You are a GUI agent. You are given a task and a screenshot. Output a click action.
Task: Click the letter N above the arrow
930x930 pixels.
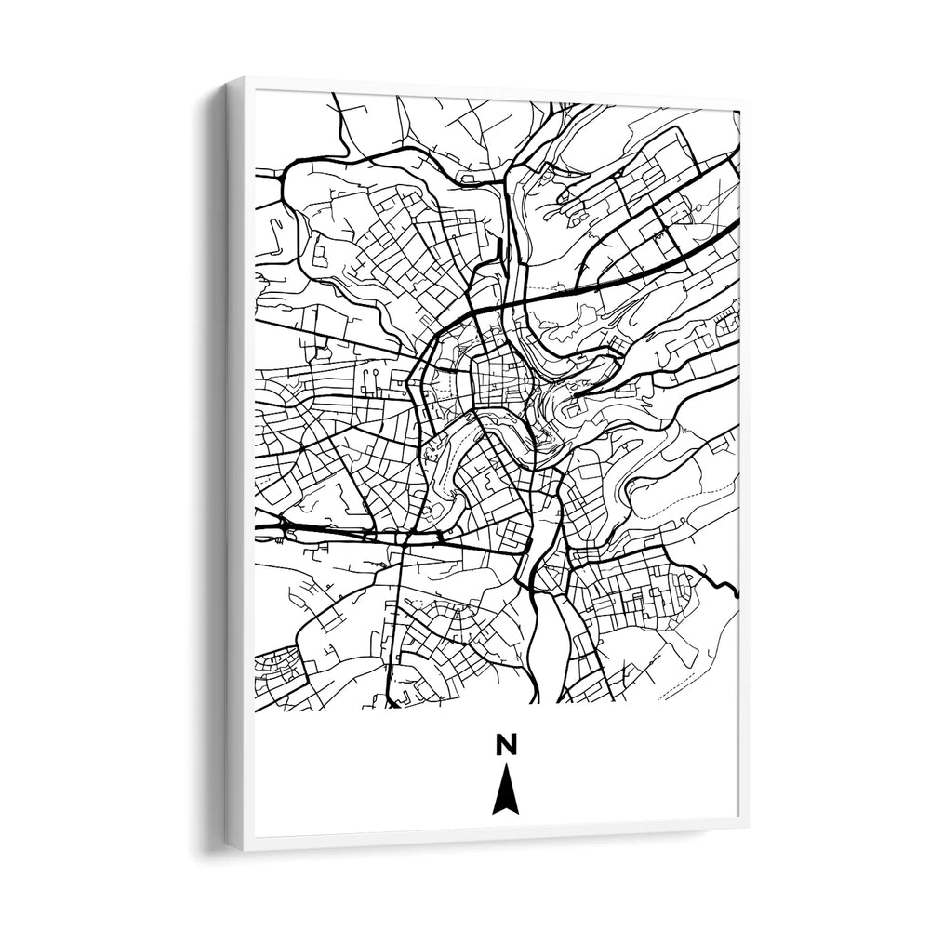(x=505, y=745)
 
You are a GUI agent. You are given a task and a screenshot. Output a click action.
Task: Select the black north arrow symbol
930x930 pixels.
(x=505, y=790)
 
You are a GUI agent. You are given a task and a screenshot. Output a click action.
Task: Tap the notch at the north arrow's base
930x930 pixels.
(x=505, y=808)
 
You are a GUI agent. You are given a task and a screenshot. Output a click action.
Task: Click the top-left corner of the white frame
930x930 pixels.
(x=228, y=80)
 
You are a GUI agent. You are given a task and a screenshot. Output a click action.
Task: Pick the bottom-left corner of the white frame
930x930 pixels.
(x=229, y=848)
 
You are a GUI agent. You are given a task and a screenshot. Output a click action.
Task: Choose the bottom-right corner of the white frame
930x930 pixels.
(x=747, y=825)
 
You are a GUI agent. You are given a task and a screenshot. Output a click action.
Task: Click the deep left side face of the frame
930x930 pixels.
(x=234, y=465)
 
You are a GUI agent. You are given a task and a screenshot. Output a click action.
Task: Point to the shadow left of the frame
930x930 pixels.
(x=206, y=465)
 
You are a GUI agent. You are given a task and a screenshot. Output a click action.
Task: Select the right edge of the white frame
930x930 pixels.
(x=743, y=465)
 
